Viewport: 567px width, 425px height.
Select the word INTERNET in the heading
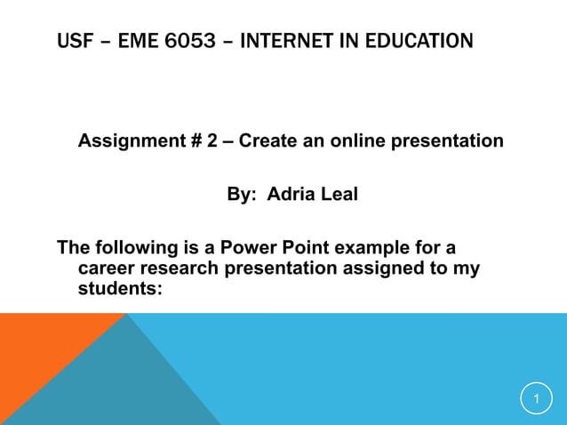pyautogui.click(x=283, y=41)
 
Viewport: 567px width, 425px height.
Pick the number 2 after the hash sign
pyautogui.click(x=212, y=141)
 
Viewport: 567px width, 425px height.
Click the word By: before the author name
pyautogui.click(x=240, y=195)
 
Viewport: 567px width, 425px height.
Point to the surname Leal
pyautogui.click(x=339, y=195)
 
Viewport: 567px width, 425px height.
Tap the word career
pyautogui.click(x=106, y=268)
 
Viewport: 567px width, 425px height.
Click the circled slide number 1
pyautogui.click(x=536, y=399)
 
